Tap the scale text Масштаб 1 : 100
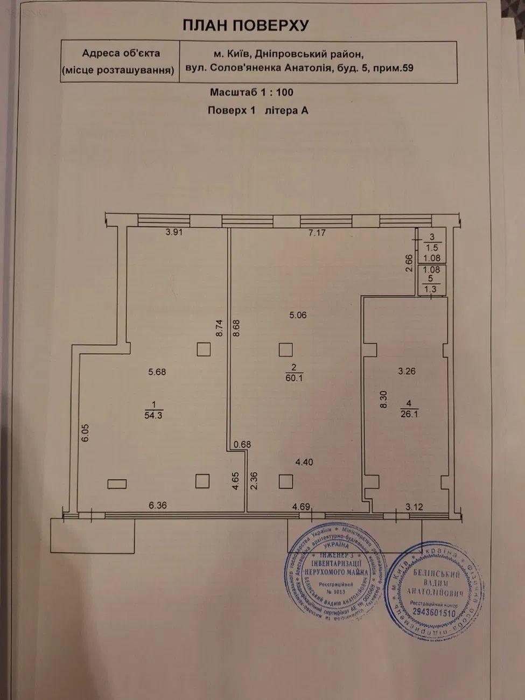(x=251, y=92)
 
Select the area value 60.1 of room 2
(x=294, y=377)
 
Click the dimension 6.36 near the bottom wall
(x=158, y=506)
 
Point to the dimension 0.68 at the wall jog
(x=242, y=444)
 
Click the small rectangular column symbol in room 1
(x=117, y=484)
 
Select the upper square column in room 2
(x=285, y=350)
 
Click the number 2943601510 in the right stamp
(x=432, y=612)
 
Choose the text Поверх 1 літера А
(x=257, y=110)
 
